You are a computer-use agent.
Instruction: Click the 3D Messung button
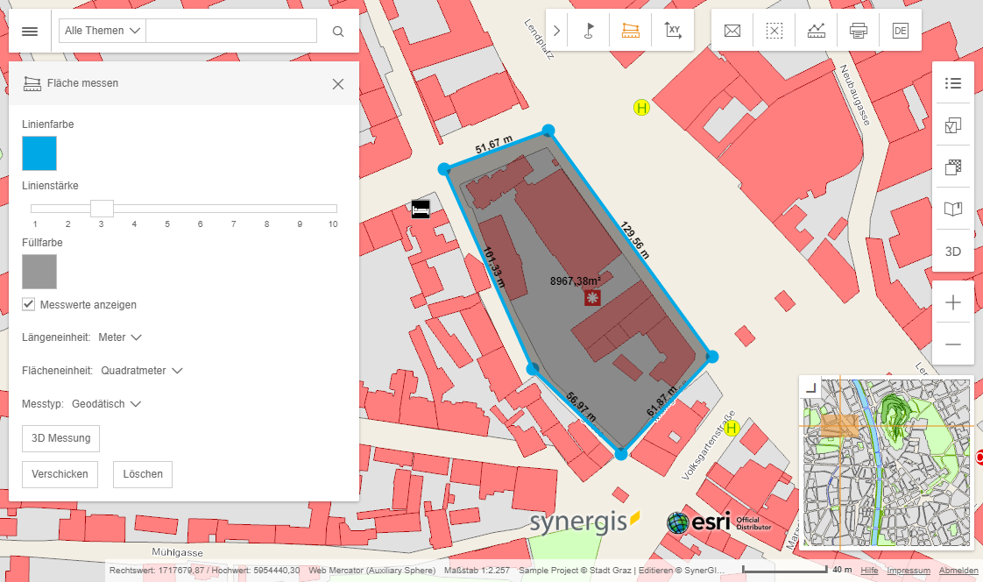click(61, 438)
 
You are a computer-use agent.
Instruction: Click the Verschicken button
click(60, 474)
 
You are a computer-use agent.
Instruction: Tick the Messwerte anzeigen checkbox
click(30, 304)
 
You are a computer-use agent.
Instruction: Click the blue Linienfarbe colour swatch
click(39, 153)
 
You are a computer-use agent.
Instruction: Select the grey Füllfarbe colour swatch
click(39, 272)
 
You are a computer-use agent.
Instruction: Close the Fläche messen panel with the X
click(338, 84)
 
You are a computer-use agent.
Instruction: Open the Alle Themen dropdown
click(103, 31)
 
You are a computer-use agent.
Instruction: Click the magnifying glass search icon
click(338, 32)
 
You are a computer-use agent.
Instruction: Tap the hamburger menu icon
click(30, 32)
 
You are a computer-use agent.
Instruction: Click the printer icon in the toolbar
click(858, 32)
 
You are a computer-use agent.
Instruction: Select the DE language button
click(900, 32)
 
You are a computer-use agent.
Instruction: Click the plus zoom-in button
click(953, 303)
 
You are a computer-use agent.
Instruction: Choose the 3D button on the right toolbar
click(953, 252)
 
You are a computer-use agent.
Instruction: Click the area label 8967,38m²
click(575, 281)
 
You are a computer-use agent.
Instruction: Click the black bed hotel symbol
click(421, 209)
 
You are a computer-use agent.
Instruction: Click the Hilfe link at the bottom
click(869, 571)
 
